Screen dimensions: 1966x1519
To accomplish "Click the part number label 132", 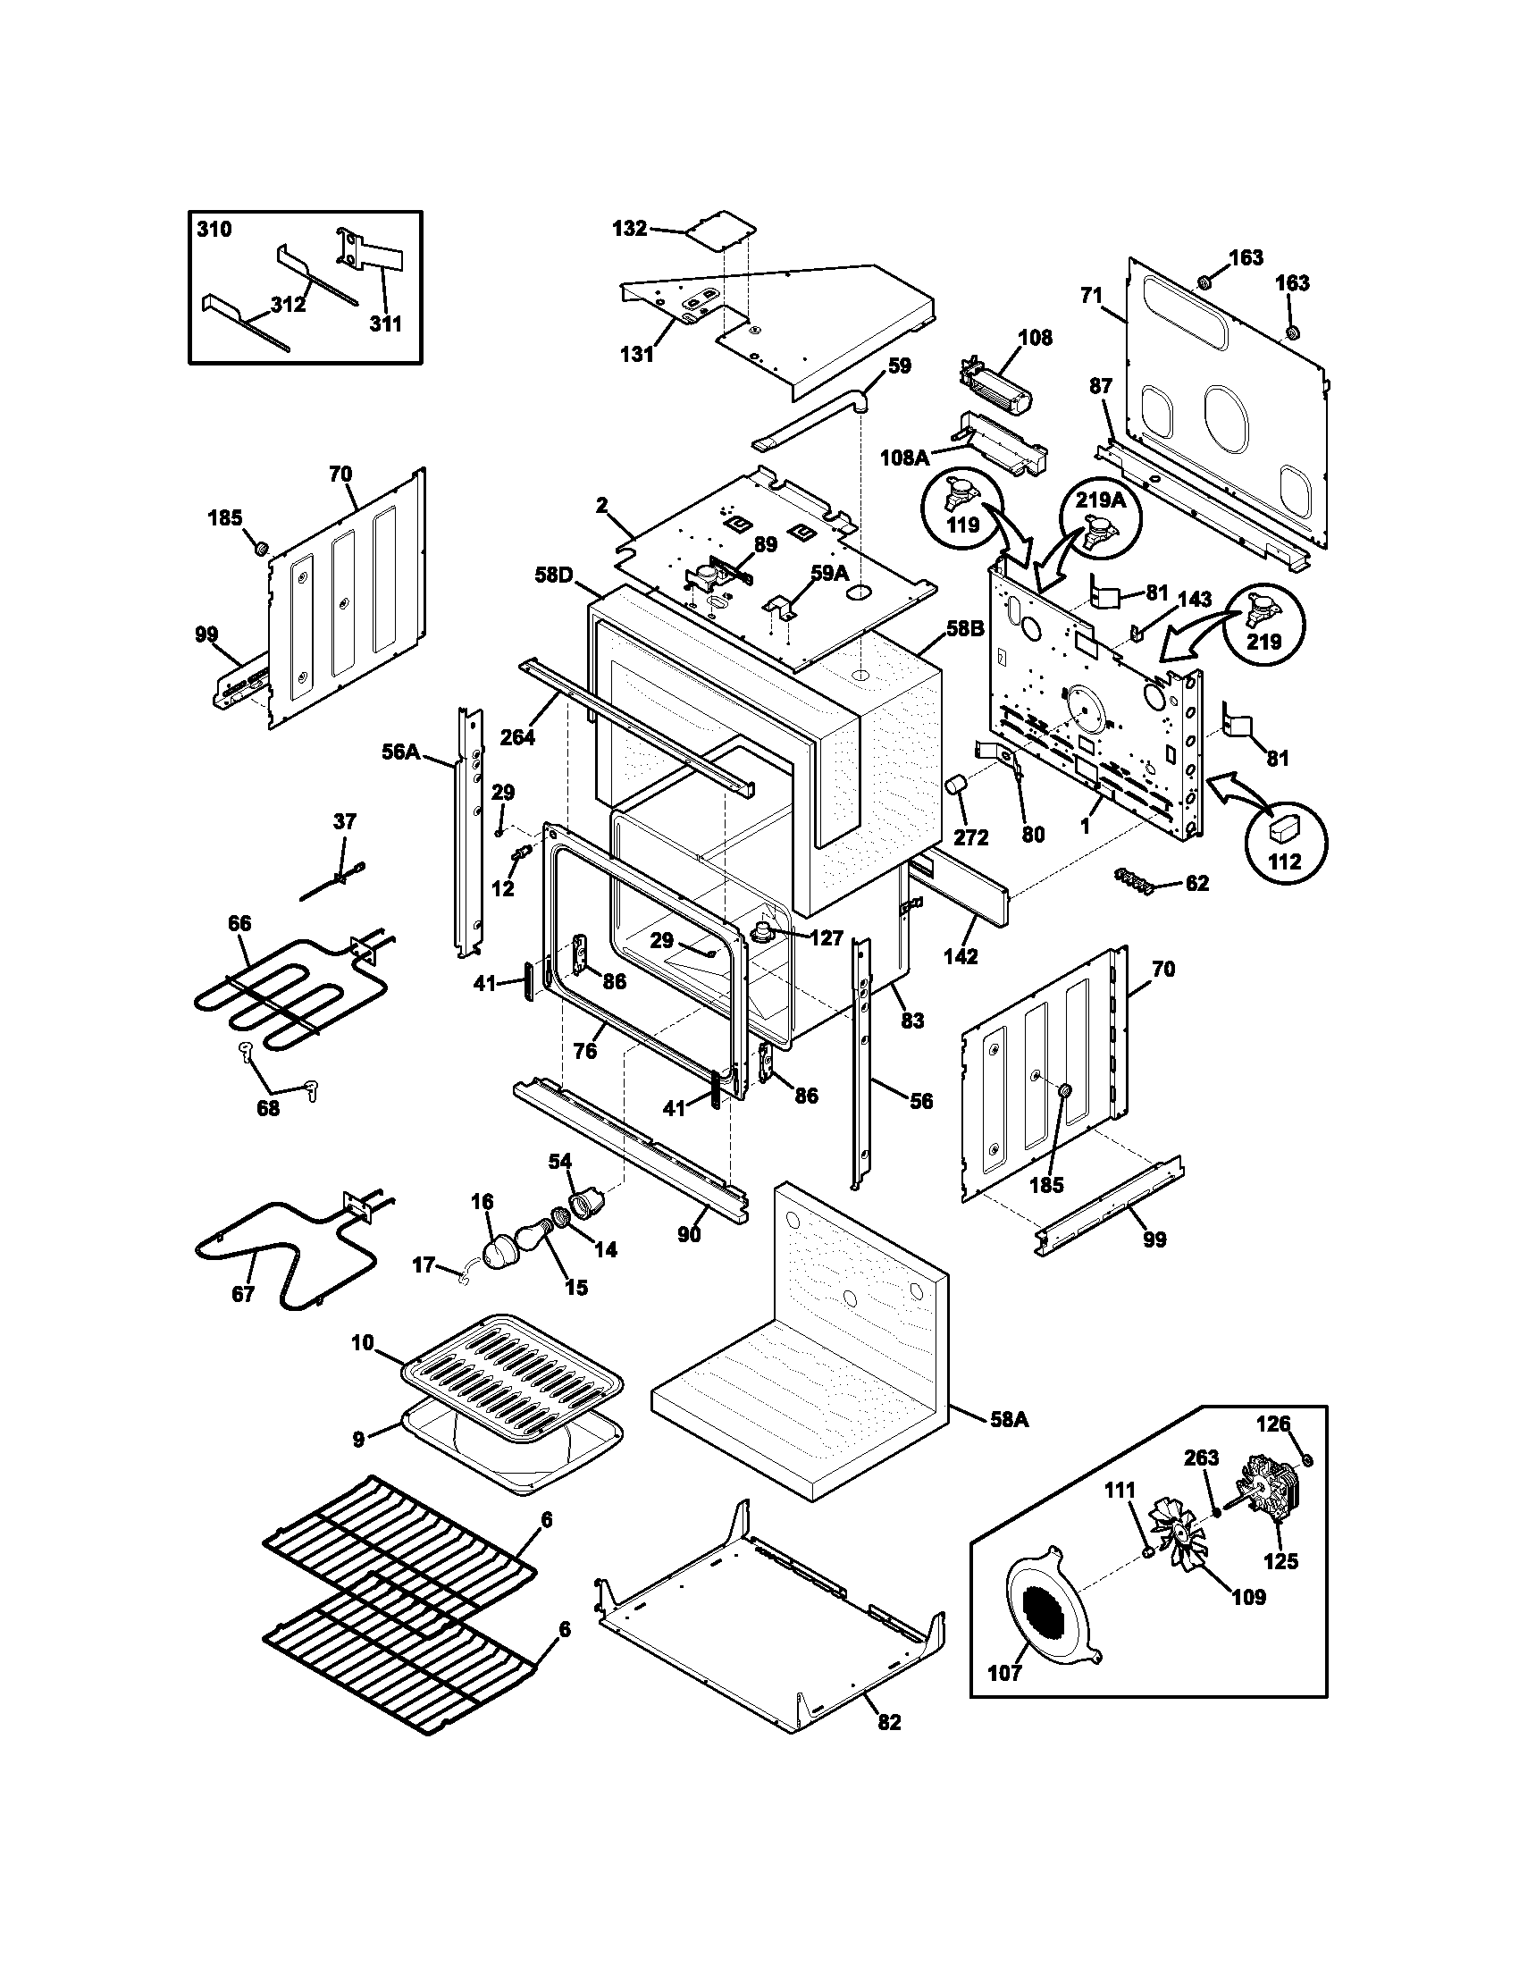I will point(629,229).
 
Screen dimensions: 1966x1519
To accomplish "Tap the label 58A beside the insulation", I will point(1009,1420).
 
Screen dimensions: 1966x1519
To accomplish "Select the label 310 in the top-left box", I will point(214,230).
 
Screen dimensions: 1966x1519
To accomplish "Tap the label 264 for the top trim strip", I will point(517,737).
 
